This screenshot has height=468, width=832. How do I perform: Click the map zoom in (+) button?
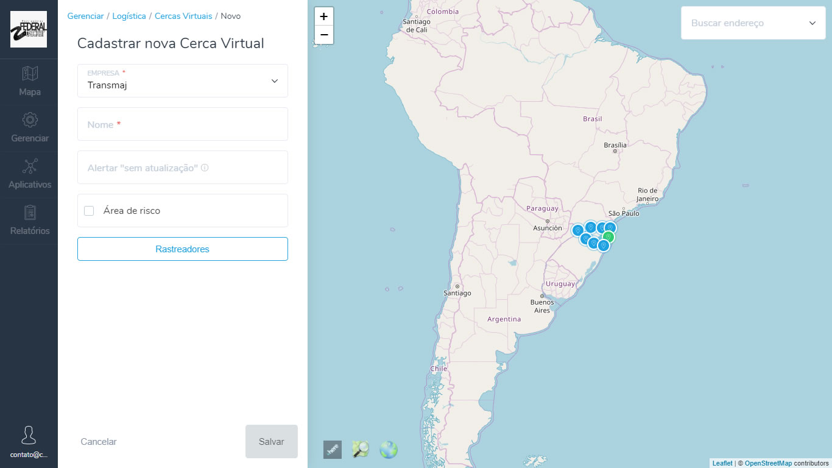(324, 16)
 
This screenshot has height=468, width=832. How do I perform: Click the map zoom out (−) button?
(324, 35)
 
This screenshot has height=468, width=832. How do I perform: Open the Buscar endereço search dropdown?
(753, 23)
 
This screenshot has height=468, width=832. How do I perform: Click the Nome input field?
(183, 124)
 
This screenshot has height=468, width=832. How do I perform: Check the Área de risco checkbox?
(89, 211)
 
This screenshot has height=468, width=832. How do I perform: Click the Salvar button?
(271, 441)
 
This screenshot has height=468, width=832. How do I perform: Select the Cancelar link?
(99, 441)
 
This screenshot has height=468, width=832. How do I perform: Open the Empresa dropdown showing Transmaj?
(183, 81)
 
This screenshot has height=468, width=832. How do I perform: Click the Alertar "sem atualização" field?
(183, 168)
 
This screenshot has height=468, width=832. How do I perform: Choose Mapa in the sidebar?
(29, 82)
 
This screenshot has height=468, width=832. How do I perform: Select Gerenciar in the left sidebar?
(29, 128)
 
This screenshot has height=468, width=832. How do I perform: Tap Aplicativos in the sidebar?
(29, 174)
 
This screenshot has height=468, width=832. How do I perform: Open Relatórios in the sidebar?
(29, 221)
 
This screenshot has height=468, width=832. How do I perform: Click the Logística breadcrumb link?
(129, 16)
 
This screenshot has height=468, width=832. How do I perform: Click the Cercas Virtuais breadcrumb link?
(183, 16)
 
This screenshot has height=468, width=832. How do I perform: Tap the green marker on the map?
(608, 237)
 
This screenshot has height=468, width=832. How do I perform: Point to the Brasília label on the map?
(615, 145)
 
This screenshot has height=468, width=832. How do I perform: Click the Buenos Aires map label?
(542, 306)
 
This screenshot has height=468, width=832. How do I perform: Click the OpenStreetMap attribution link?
(768, 464)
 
